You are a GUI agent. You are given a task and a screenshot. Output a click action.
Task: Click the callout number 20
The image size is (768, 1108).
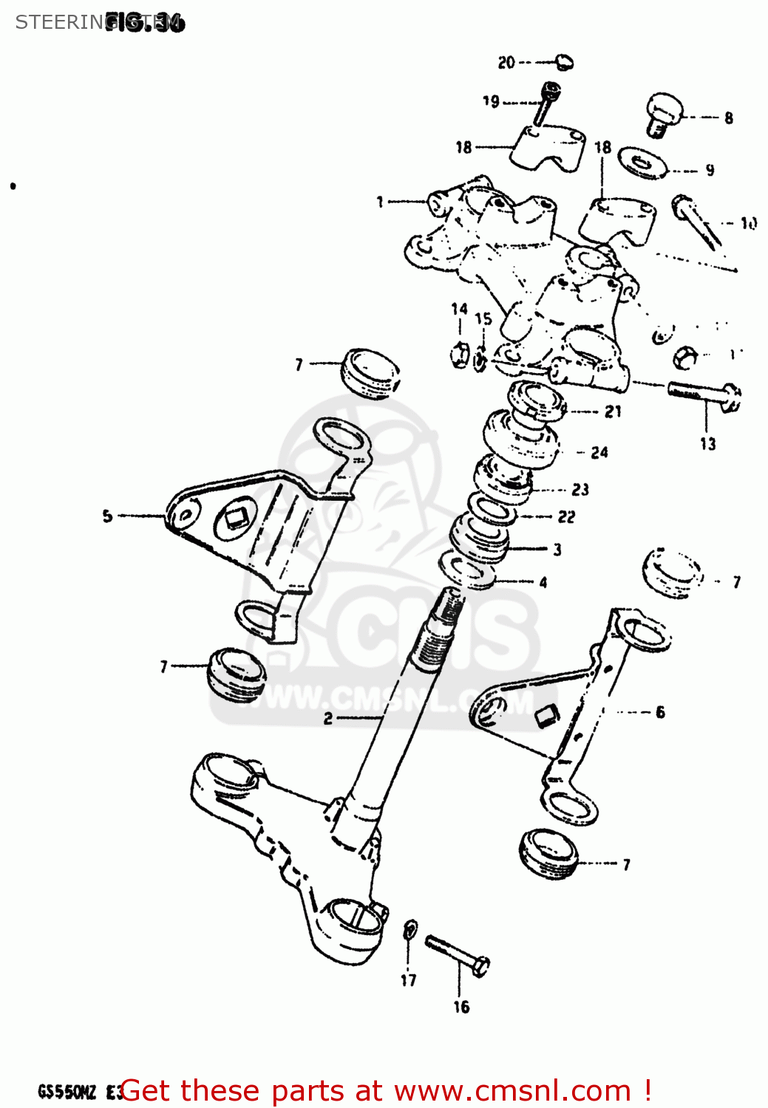(506, 63)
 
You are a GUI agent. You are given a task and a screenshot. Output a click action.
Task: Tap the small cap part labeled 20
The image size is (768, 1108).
(564, 62)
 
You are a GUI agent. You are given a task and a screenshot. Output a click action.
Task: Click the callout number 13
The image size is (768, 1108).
(707, 444)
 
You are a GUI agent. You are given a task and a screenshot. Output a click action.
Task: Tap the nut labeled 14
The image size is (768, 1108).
(458, 355)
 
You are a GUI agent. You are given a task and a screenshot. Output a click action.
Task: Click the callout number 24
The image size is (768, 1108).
(599, 452)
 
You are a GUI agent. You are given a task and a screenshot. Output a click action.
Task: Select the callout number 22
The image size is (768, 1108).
(566, 517)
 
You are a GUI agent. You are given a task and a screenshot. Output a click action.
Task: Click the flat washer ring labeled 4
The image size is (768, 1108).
(467, 572)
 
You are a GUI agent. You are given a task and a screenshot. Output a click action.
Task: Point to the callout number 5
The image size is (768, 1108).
(108, 516)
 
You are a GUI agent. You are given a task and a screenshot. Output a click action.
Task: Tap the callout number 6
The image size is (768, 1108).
(660, 712)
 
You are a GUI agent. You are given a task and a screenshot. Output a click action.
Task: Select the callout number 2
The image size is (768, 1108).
(328, 719)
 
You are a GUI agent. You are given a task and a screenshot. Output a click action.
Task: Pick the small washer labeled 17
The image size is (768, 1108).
(410, 930)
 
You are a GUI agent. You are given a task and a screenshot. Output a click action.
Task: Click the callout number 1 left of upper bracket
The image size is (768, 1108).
(380, 202)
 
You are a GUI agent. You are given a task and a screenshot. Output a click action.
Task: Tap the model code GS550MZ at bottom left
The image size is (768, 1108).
(67, 1092)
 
